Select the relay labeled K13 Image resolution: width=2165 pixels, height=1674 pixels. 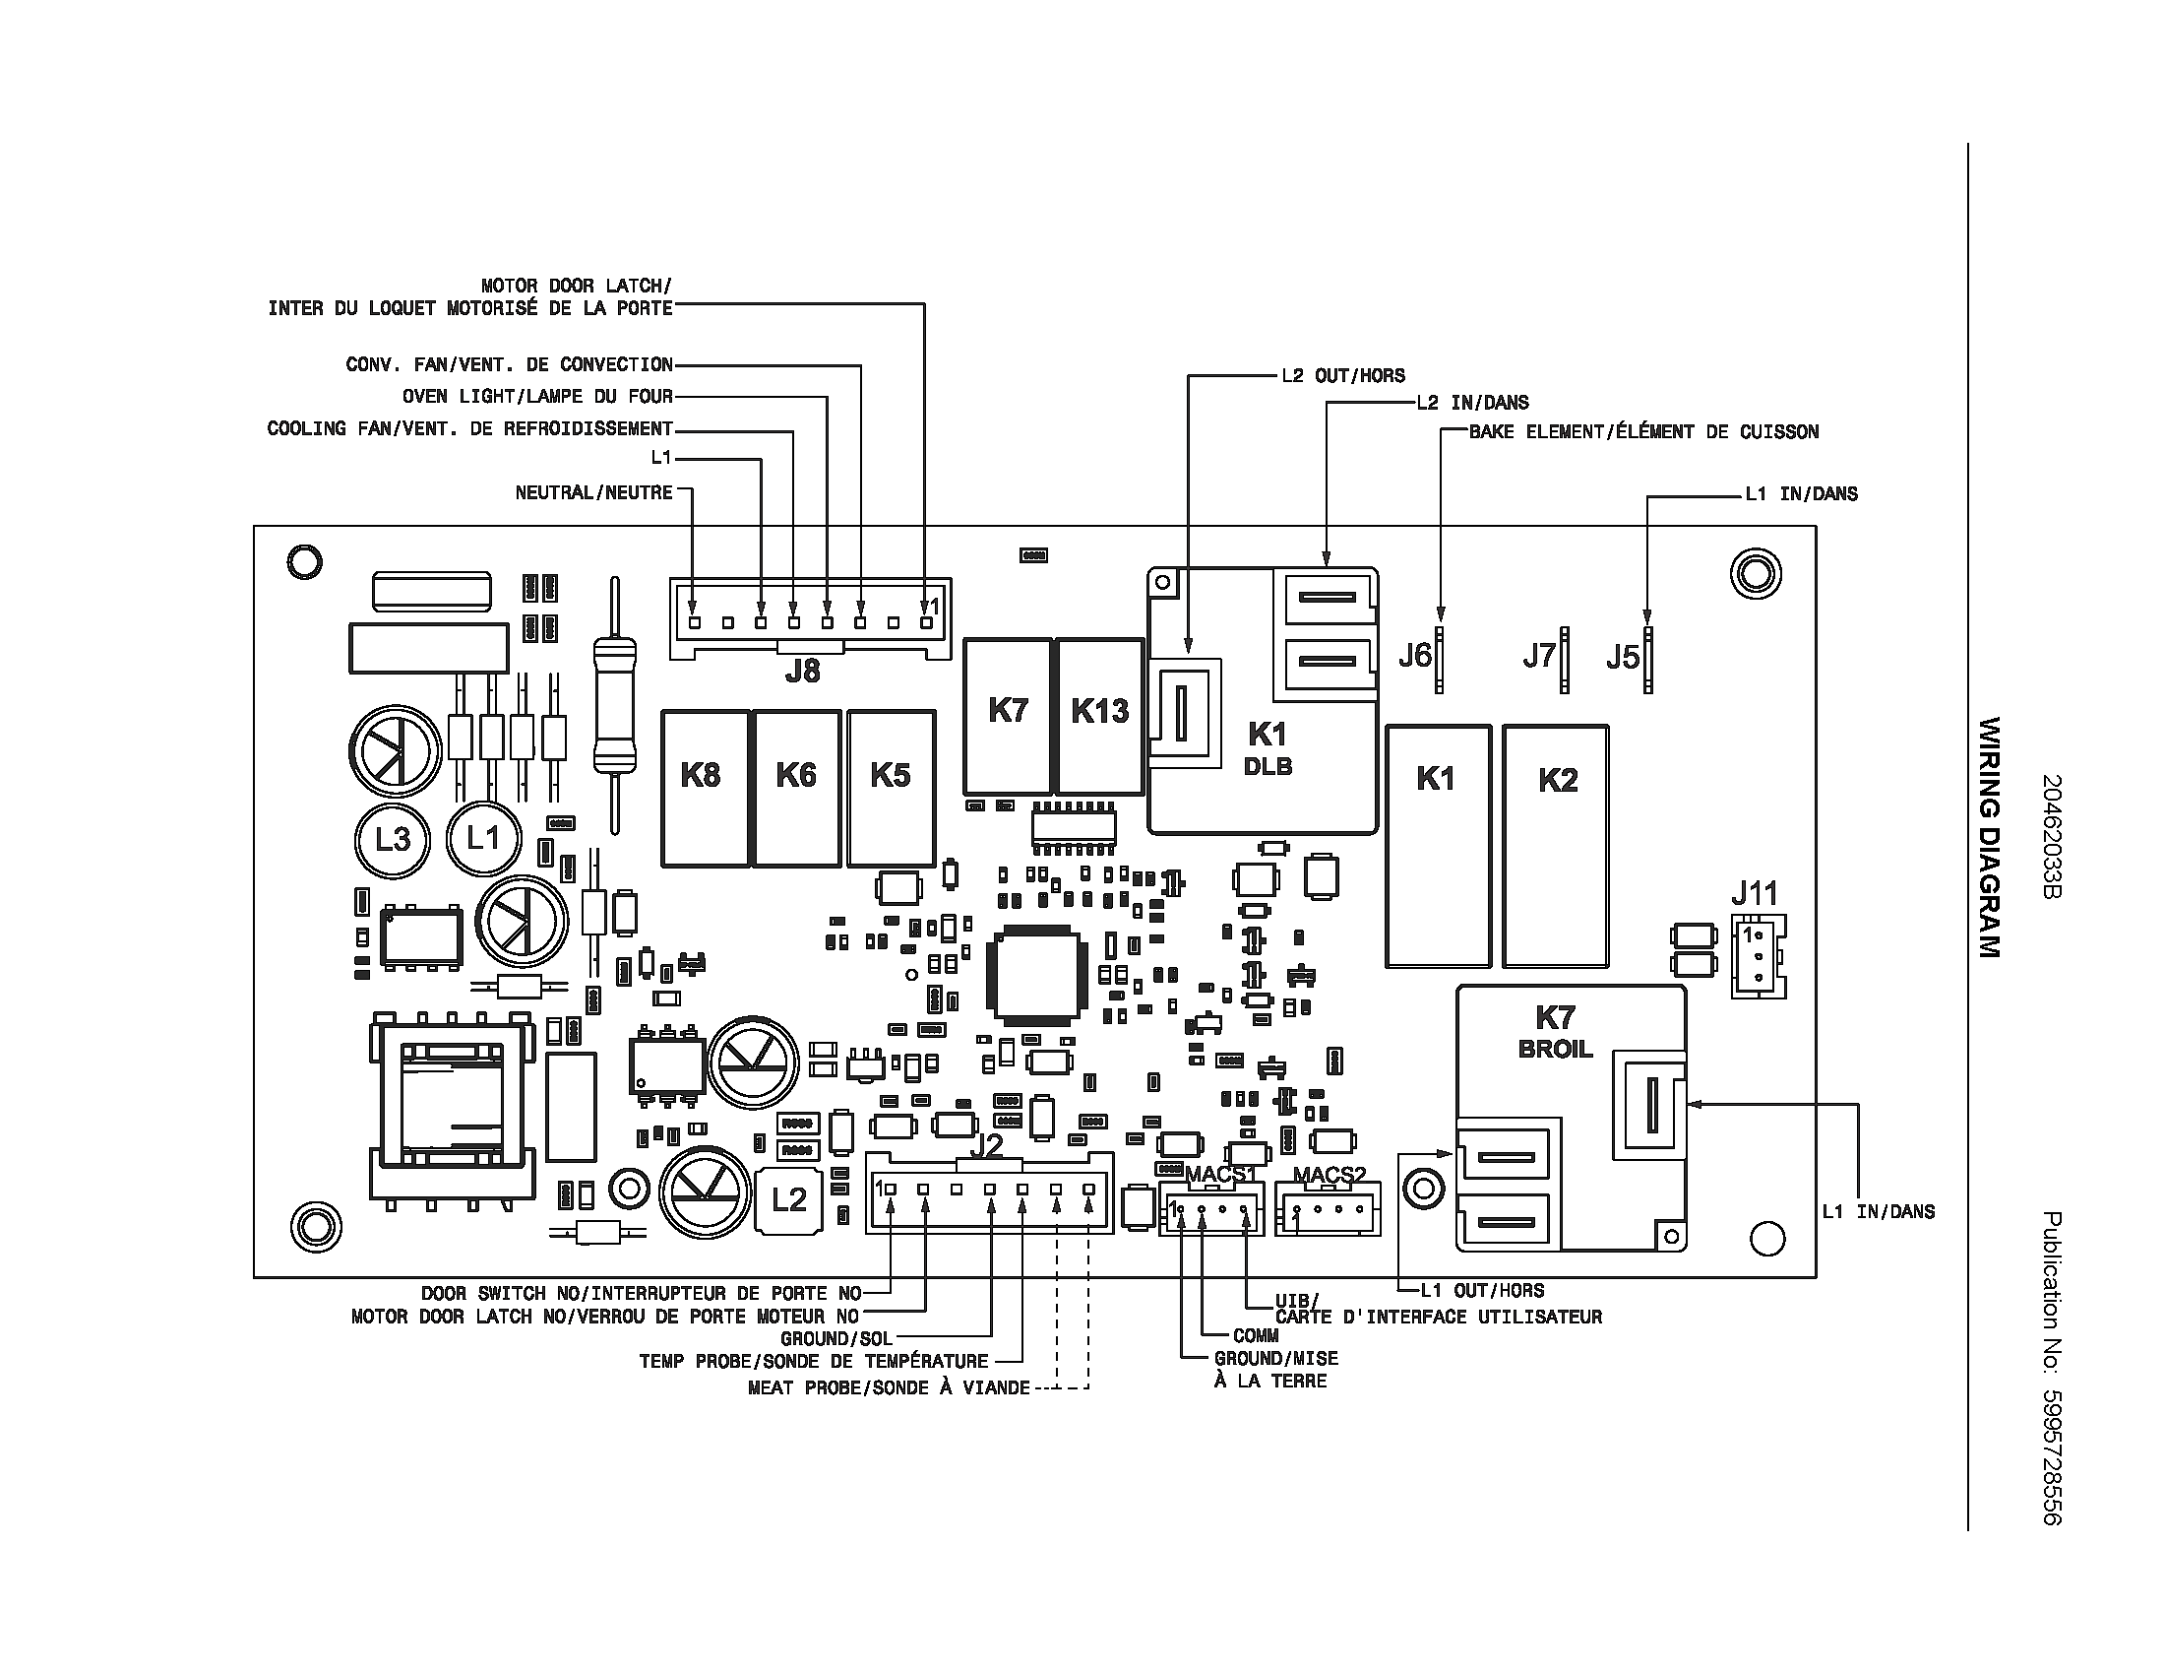pos(1099,715)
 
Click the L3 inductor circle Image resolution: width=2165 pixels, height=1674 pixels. pos(393,839)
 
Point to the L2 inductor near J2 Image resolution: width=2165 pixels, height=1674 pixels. pos(789,1200)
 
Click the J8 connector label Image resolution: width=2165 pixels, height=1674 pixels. pos(802,672)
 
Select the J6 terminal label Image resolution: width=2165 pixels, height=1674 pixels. pos(1415,656)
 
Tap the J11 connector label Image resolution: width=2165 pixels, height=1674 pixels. pos(1755,893)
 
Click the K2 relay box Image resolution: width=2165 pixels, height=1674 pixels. pos(1557,845)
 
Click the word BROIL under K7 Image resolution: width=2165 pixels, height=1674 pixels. pos(1555,1050)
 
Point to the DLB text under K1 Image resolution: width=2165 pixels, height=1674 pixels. pos(1268,766)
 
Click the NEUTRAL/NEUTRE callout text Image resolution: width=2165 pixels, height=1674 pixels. pos(593,493)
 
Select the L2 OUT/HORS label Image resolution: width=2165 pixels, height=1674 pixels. pos(1343,376)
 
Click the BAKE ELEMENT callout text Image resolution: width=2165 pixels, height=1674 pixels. pos(1643,432)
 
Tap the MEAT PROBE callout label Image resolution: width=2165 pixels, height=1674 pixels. pos(890,1388)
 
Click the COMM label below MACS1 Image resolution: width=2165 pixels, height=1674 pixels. pos(1255,1336)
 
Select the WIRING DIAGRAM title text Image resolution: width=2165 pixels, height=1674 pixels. pos(1989,837)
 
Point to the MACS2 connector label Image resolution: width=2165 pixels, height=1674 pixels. pos(1330,1175)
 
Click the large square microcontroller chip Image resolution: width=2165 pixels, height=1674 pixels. pos(1035,975)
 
